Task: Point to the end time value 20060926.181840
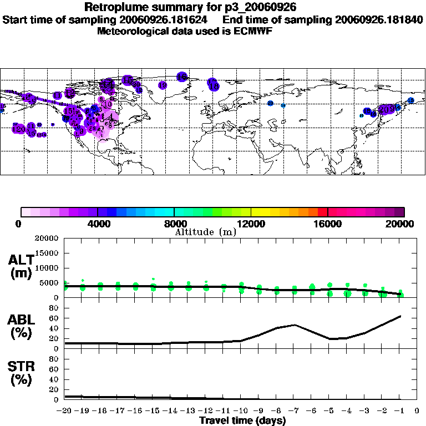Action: pos(379,19)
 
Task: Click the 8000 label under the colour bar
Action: pos(174,224)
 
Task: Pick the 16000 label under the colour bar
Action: pos(328,224)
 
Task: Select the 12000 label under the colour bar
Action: pos(251,224)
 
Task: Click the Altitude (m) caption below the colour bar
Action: pos(205,232)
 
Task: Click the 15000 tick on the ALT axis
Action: pos(49,253)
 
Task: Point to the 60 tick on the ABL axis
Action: pos(55,318)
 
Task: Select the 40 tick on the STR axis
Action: pos(55,379)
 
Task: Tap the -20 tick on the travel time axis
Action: pos(64,412)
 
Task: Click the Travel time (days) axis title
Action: pos(242,421)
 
